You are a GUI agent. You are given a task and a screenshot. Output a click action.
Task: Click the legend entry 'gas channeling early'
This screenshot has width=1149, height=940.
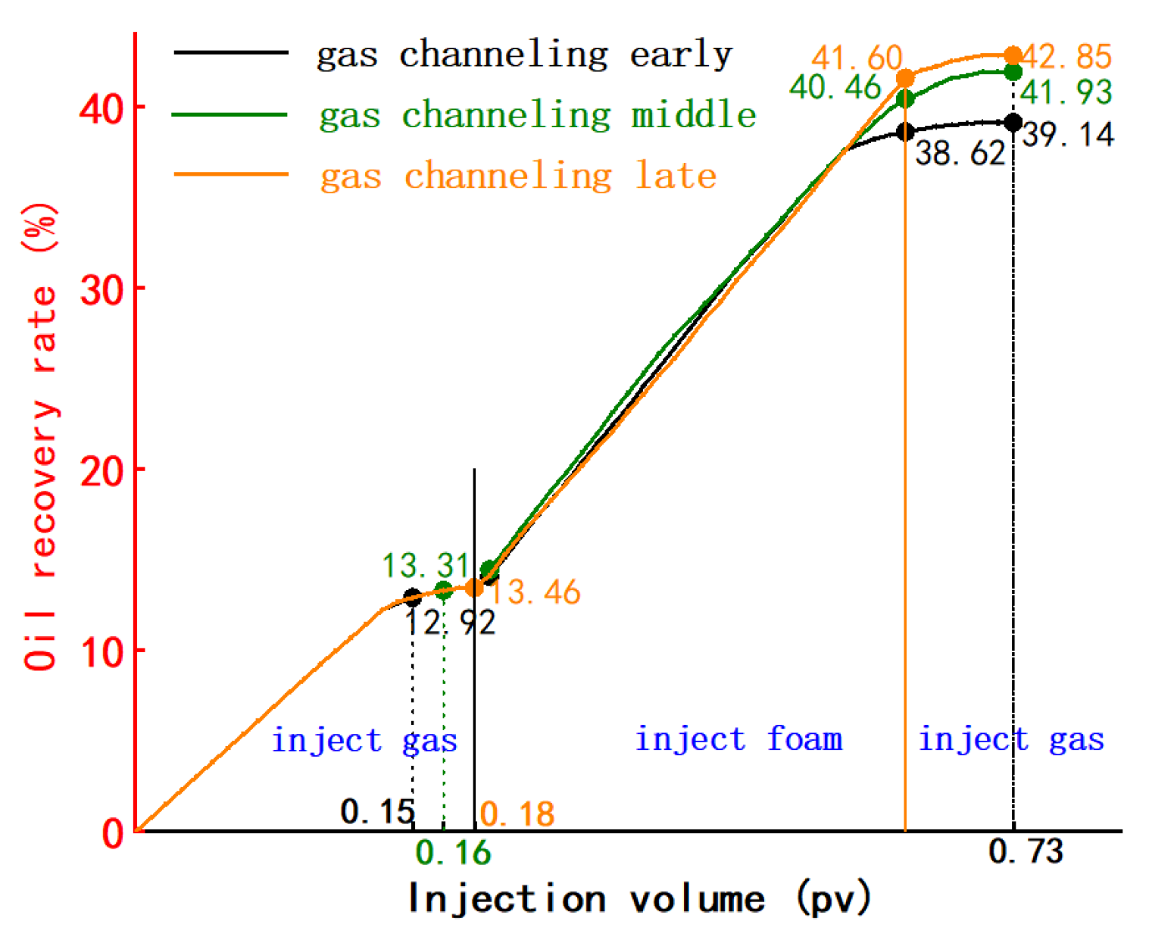(x=524, y=55)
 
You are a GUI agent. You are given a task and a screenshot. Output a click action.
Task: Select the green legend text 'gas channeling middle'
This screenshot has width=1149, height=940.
(x=538, y=115)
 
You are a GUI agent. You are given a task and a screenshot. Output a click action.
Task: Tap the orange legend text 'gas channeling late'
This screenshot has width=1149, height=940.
(x=518, y=176)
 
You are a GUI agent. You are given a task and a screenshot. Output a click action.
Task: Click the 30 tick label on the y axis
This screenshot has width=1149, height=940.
(x=101, y=290)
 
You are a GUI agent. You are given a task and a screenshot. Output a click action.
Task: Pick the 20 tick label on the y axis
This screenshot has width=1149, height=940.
(x=101, y=471)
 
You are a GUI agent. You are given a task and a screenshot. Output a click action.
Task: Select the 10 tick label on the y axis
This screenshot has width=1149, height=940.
(x=101, y=651)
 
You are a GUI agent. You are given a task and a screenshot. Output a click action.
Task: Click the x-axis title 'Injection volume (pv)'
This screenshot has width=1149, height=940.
(x=639, y=899)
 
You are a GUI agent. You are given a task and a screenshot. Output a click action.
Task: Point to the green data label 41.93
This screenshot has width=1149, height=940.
(x=1066, y=92)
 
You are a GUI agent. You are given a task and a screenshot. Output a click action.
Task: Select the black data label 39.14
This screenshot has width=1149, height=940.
(x=1068, y=135)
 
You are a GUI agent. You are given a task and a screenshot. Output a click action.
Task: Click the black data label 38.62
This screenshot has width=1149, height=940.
(x=960, y=154)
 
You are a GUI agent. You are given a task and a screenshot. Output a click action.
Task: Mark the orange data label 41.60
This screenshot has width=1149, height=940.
(x=857, y=58)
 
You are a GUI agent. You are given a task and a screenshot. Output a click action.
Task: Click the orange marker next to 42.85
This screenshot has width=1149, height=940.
(x=1013, y=55)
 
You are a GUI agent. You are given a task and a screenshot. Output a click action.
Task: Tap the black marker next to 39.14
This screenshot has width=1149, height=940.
(x=1013, y=123)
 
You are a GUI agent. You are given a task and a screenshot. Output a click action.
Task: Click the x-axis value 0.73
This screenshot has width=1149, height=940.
(x=1026, y=852)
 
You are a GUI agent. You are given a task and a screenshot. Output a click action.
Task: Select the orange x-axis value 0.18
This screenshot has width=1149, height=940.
(x=517, y=815)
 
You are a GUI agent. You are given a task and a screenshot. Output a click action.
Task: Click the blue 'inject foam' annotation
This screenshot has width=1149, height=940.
(x=738, y=739)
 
